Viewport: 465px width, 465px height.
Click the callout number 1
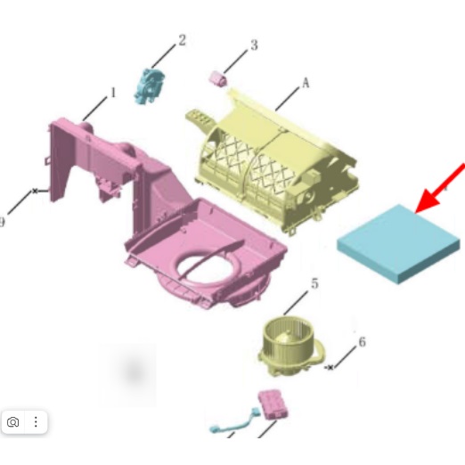coord(113,93)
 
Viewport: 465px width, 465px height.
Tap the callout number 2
coord(182,40)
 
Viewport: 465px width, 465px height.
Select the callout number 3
coord(254,45)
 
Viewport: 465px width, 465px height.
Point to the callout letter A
coord(306,83)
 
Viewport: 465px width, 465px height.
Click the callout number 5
coord(314,283)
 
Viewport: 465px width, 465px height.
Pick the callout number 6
coord(363,342)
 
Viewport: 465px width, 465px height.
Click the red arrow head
coord(427,200)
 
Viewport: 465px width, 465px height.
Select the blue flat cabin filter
coord(398,244)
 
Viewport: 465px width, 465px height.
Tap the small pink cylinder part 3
coord(218,79)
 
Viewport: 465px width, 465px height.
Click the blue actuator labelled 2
coord(149,86)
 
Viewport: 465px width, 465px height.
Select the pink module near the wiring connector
coord(273,404)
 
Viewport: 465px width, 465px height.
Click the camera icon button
coord(12,421)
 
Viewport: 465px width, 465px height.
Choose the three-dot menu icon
coord(36,421)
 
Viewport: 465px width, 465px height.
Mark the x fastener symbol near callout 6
coord(330,367)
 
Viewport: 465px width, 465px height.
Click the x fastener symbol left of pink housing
coord(35,191)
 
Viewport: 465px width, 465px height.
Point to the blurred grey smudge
coord(135,372)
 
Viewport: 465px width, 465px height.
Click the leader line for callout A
coord(288,99)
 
